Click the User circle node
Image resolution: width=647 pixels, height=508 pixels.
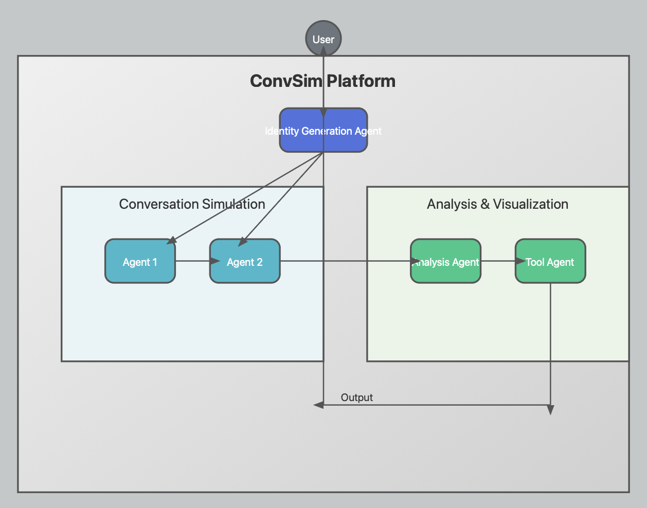(323, 39)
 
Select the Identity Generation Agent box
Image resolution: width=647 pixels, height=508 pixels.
(323, 130)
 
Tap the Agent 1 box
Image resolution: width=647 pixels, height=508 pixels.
(140, 261)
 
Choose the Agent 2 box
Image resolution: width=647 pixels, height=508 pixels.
(245, 261)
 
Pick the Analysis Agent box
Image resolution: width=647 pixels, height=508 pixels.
(446, 261)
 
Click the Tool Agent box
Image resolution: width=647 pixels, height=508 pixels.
(550, 261)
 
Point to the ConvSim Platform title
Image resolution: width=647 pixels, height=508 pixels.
(322, 81)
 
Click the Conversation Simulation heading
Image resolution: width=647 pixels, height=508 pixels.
(192, 204)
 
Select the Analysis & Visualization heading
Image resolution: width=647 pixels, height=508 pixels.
(497, 204)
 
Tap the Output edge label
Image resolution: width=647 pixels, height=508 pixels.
(356, 397)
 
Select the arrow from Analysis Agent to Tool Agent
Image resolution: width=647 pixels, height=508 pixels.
(498, 261)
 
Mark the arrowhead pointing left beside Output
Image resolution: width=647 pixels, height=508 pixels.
(319, 405)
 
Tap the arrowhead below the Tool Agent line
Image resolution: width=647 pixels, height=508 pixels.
(550, 410)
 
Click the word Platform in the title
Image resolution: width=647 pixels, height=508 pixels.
(361, 81)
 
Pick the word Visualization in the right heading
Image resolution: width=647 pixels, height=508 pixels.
(530, 204)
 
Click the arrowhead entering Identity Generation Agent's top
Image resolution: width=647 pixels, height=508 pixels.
(323, 113)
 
